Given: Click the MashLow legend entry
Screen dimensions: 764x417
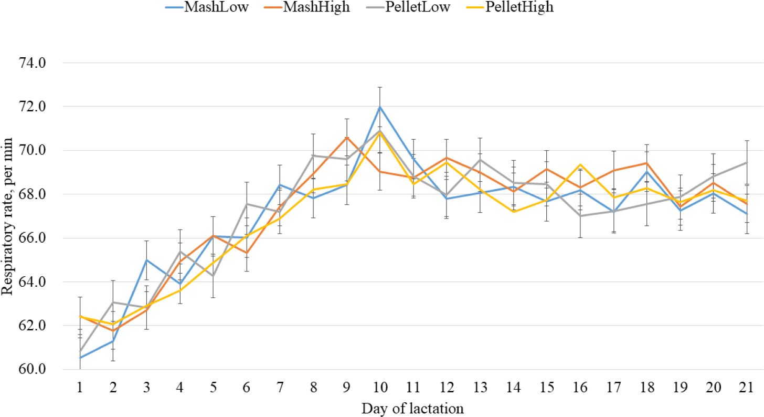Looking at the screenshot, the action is (207, 7).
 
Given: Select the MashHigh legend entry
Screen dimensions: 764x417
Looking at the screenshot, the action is (307, 7).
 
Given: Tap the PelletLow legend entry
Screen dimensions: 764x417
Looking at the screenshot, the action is (408, 7).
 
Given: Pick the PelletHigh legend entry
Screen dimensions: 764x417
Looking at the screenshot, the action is (510, 7).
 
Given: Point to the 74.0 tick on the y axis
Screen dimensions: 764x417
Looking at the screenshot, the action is (33, 63).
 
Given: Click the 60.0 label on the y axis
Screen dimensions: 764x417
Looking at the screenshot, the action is (33, 369).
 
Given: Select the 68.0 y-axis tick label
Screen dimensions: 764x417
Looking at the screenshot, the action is (33, 194).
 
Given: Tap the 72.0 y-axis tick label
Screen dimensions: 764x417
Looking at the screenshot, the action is (33, 107).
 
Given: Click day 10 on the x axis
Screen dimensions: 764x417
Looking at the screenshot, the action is (380, 387).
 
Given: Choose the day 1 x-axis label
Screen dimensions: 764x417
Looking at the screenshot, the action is (80, 387).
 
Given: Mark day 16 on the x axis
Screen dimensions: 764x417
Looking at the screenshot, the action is (580, 387).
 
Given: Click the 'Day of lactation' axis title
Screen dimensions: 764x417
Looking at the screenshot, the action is (412, 409).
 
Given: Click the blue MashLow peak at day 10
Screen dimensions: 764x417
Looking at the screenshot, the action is (380, 107).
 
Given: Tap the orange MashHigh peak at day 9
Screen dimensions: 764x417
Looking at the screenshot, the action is (346, 137).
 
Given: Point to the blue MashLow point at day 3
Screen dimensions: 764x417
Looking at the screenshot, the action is (147, 260).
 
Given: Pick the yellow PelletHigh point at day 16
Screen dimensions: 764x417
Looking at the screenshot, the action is (580, 164).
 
